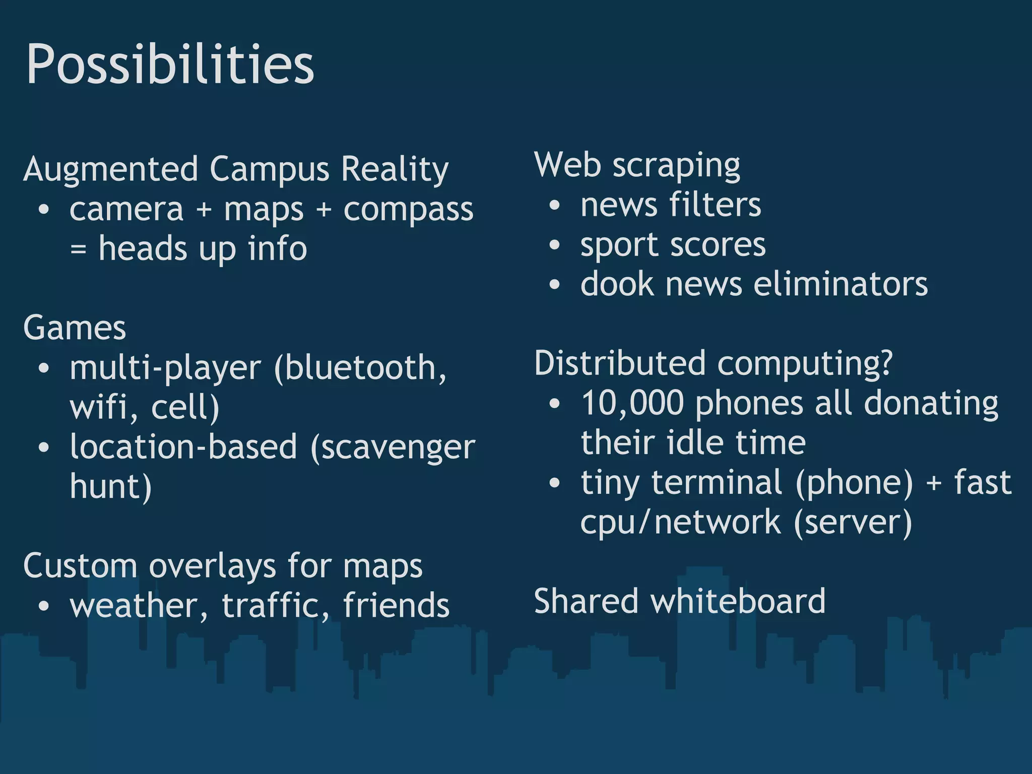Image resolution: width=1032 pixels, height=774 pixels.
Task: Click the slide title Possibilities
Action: click(170, 64)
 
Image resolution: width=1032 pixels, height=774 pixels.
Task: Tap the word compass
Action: click(408, 210)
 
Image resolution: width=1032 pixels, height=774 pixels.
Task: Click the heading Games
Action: click(75, 328)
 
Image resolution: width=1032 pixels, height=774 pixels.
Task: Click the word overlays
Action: click(212, 566)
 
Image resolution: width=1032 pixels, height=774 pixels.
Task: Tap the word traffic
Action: click(276, 605)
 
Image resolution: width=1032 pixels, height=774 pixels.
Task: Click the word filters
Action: click(715, 205)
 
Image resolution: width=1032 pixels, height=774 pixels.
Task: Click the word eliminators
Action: click(841, 284)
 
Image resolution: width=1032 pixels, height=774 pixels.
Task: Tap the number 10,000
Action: click(632, 403)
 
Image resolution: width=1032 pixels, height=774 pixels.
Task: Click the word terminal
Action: click(717, 482)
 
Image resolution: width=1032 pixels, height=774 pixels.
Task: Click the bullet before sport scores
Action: click(555, 245)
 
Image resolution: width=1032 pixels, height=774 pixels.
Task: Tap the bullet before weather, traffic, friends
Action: click(44, 606)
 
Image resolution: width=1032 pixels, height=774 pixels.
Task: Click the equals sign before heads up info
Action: click(78, 249)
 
